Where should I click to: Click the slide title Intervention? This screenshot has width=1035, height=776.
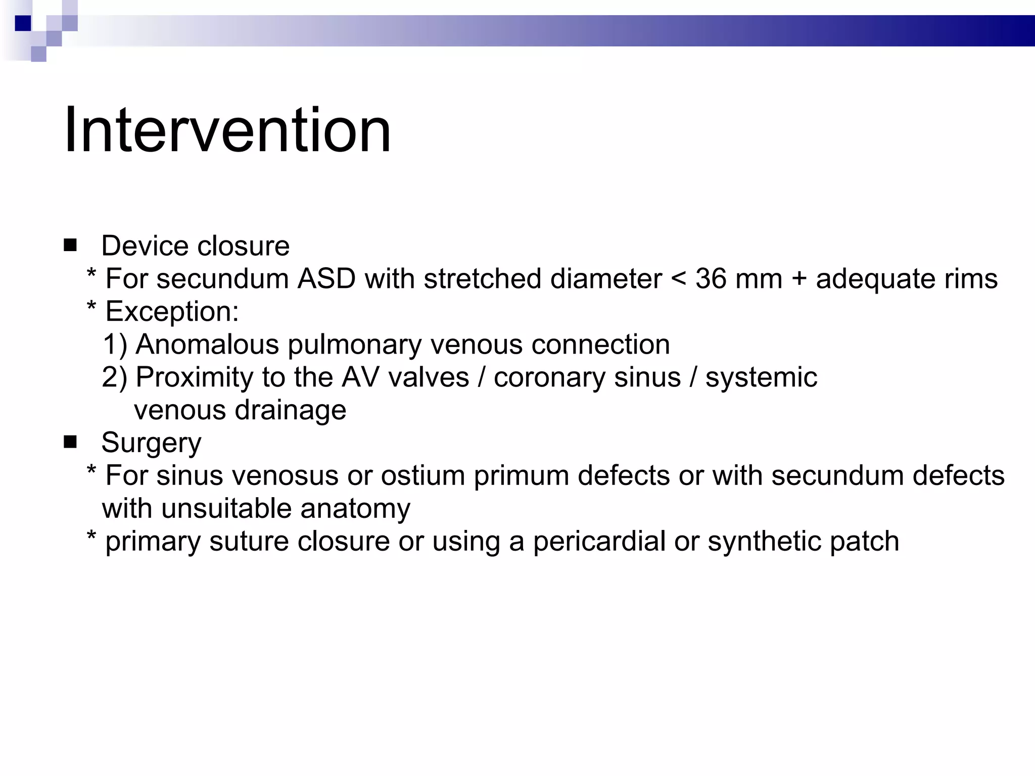pyautogui.click(x=227, y=130)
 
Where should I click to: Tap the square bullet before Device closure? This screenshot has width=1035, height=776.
pyautogui.click(x=70, y=246)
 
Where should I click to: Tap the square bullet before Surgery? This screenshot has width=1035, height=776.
pyautogui.click(x=70, y=443)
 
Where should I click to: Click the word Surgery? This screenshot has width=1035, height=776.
pyautogui.click(x=151, y=443)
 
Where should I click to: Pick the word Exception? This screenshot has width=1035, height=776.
pyautogui.click(x=172, y=312)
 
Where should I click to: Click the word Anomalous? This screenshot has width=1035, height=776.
pyautogui.click(x=207, y=345)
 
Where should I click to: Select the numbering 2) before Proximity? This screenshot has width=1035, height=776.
pyautogui.click(x=115, y=377)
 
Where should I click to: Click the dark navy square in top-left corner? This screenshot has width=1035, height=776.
pyautogui.click(x=23, y=23)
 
